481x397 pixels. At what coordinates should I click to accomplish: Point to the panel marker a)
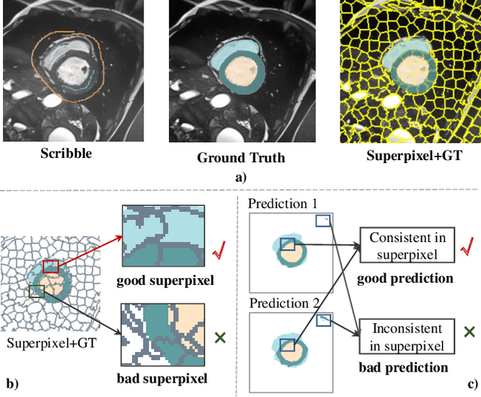click(x=240, y=177)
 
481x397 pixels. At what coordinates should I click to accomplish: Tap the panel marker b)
click(x=10, y=383)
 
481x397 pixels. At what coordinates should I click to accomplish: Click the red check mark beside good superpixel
click(x=219, y=249)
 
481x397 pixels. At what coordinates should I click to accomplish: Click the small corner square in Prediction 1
click(x=322, y=220)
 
